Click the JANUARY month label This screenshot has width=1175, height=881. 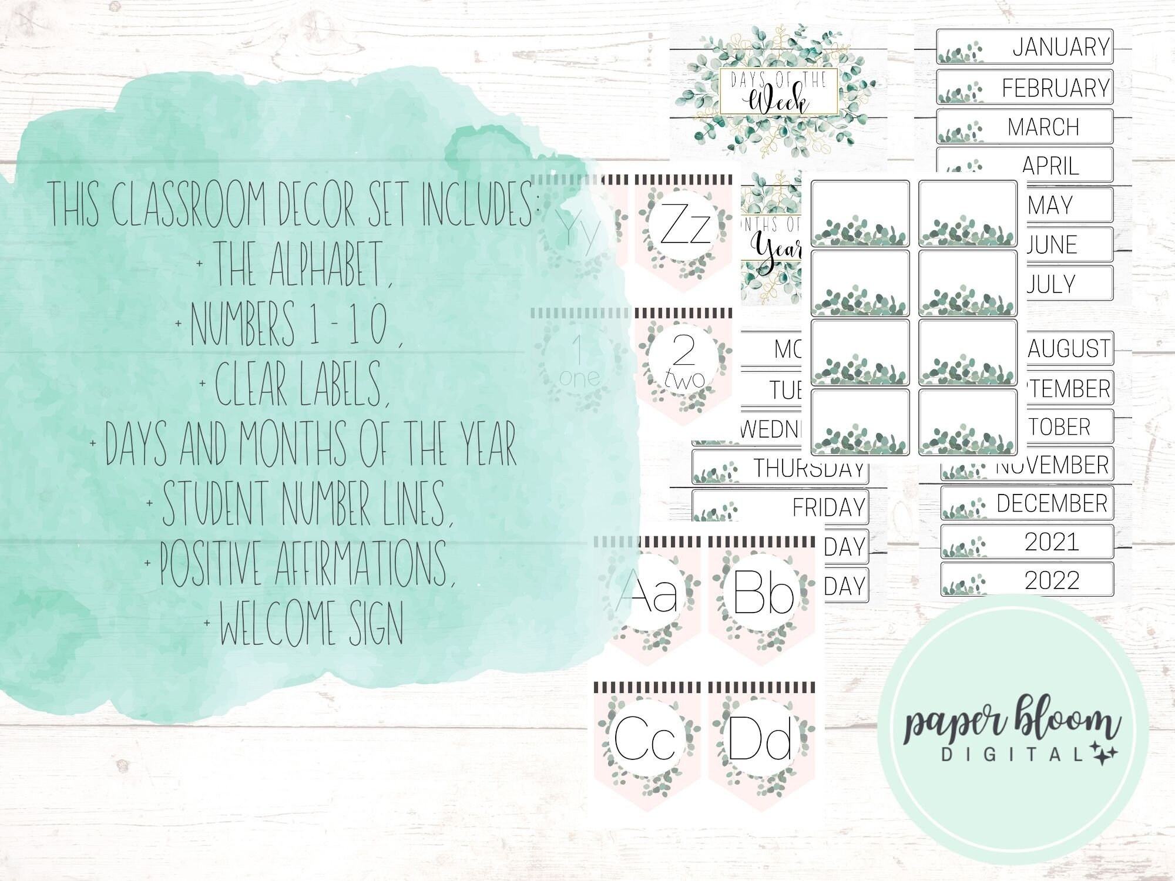tap(1025, 46)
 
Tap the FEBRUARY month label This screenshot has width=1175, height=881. tap(1025, 88)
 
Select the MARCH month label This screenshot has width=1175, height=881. tap(1025, 126)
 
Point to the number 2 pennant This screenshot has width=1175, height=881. tap(683, 364)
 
